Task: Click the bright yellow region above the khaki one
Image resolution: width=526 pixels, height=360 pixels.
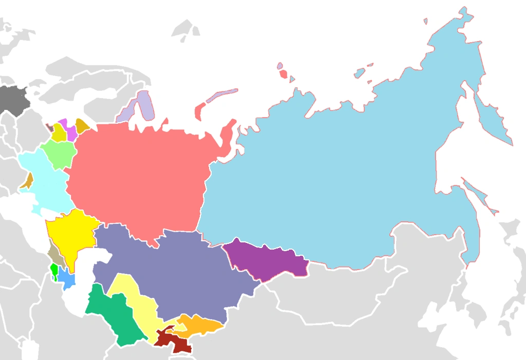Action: tap(69, 234)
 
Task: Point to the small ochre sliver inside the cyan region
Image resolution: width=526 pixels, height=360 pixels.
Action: tap(27, 181)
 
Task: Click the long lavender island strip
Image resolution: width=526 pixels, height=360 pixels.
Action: tap(222, 95)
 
